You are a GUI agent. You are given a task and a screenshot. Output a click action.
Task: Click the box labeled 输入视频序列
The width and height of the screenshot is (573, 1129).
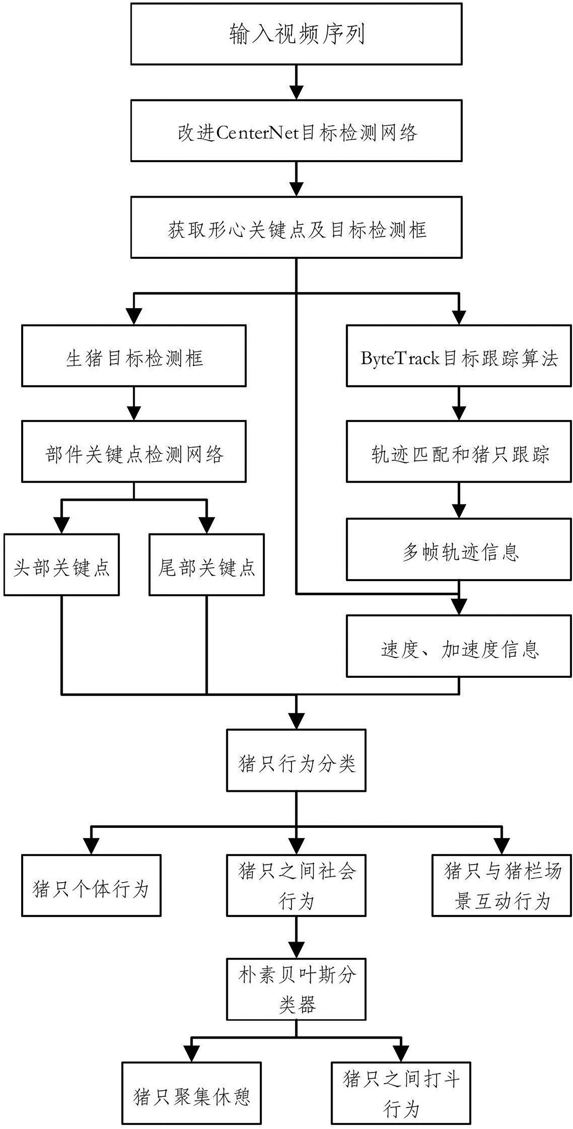[296, 34]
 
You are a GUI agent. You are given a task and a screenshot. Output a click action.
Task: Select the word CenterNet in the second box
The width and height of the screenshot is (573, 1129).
[257, 132]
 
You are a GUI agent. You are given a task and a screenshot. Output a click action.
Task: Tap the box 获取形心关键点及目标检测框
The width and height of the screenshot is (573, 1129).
[296, 228]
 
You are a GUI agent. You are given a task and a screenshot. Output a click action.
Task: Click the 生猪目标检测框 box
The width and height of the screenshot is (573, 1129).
[134, 356]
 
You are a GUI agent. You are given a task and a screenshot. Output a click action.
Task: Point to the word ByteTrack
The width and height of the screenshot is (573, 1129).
[399, 358]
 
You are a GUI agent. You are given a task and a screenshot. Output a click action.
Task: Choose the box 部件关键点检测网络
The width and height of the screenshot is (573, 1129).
[134, 452]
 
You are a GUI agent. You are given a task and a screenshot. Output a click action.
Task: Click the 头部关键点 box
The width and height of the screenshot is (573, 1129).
[61, 565]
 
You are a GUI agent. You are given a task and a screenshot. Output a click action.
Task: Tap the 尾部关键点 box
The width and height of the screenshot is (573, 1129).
[206, 565]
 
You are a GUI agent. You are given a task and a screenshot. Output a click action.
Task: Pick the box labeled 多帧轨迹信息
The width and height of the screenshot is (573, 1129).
[459, 550]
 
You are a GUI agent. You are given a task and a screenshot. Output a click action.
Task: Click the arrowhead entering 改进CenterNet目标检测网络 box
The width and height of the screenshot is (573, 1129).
[297, 92]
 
